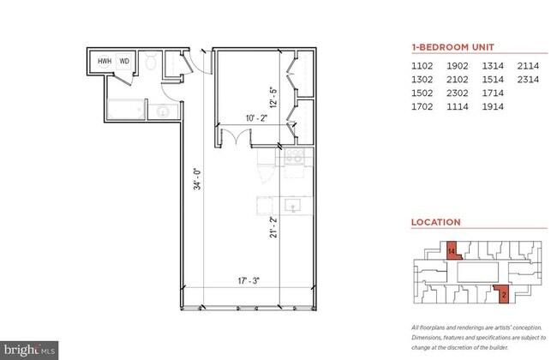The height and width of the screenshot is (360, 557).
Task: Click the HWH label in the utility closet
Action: [x=105, y=62]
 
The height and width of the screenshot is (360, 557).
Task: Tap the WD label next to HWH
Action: [x=124, y=62]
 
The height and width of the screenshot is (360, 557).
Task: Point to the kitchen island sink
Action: [x=291, y=206]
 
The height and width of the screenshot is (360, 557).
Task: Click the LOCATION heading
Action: [x=435, y=222]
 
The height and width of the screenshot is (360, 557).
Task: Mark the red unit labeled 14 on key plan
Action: [x=452, y=251]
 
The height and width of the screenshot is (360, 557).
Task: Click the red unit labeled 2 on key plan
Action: [x=503, y=296]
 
